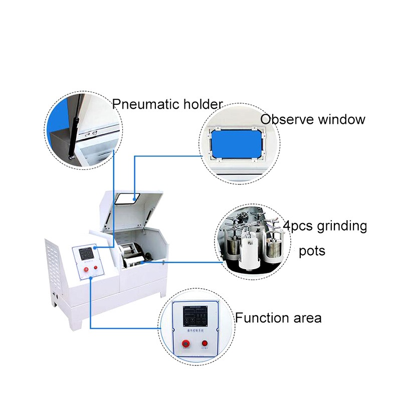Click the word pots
(313, 251)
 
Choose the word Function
(262, 318)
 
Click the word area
(307, 318)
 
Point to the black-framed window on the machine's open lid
(126, 198)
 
